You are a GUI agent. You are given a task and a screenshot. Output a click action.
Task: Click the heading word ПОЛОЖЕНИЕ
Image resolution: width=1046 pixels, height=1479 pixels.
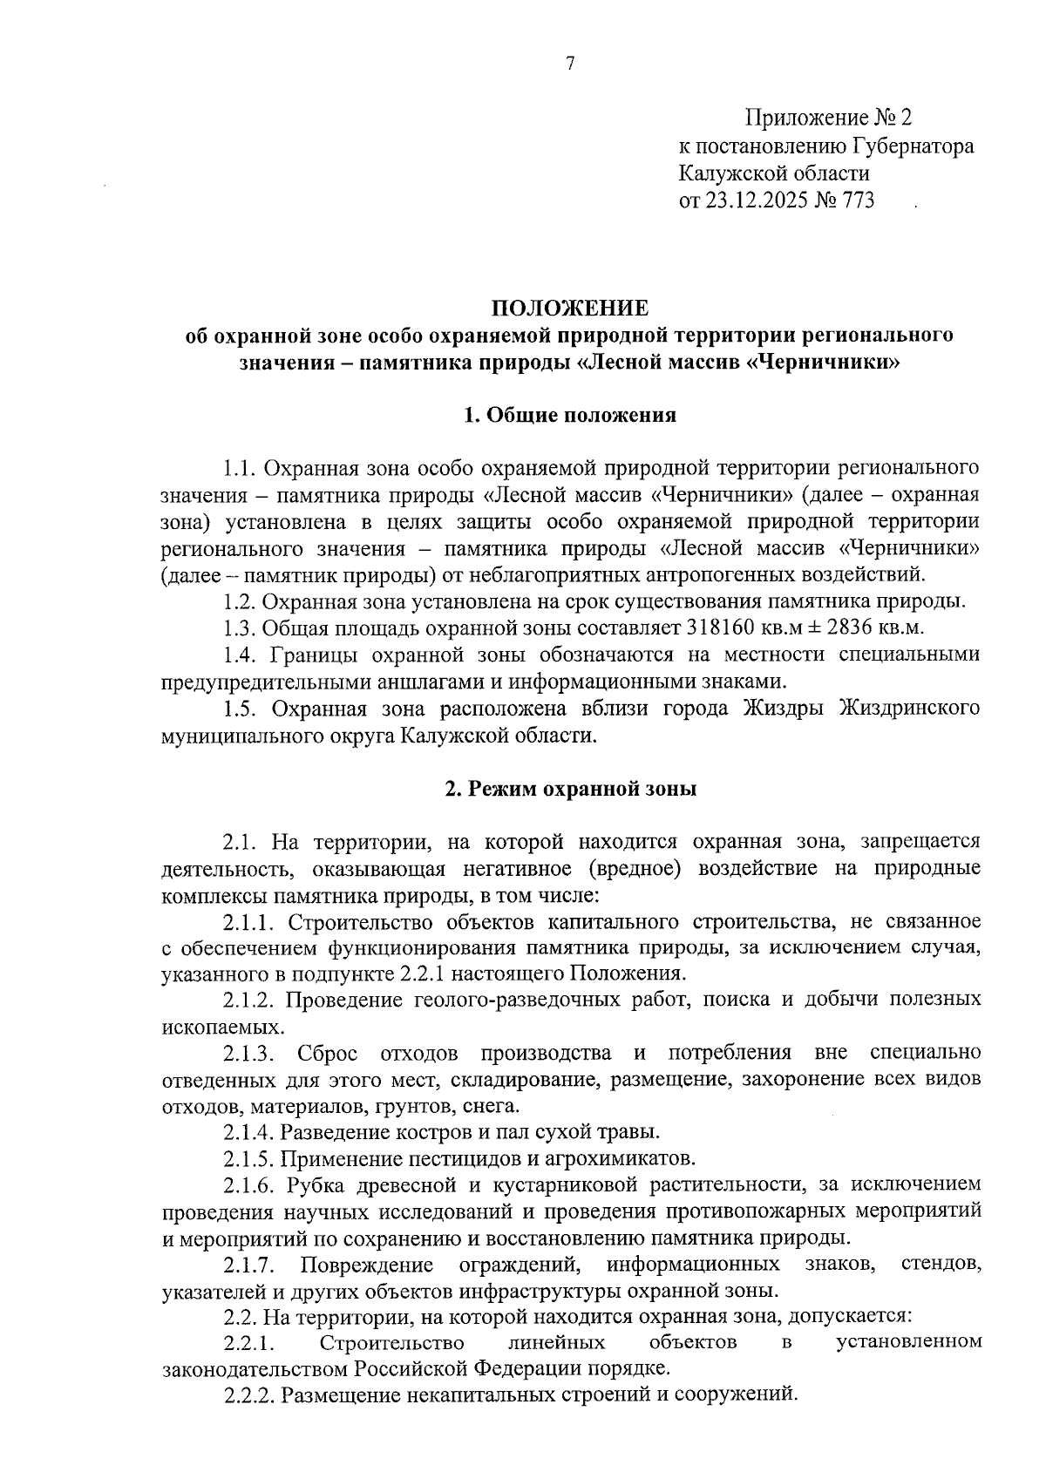tap(570, 309)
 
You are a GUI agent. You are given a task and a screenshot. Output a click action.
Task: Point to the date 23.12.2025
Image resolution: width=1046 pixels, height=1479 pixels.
tap(760, 201)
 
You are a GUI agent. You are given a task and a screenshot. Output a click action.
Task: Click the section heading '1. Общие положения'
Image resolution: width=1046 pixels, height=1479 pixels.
tap(570, 415)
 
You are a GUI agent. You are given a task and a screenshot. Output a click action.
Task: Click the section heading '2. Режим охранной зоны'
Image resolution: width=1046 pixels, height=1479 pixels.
tap(570, 790)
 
